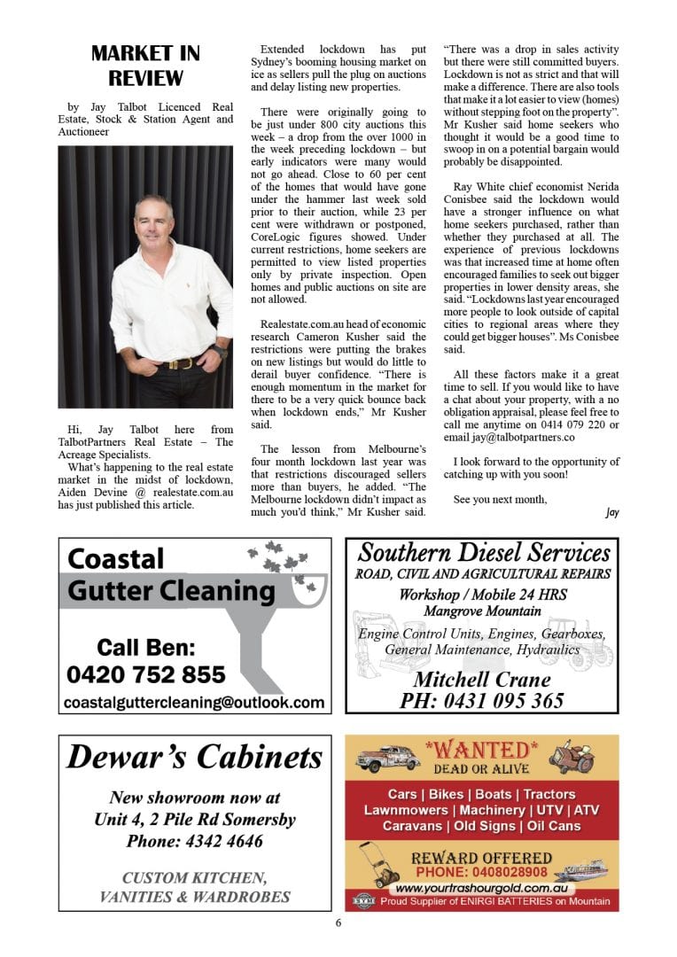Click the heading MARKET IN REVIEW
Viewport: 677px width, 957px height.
click(145, 66)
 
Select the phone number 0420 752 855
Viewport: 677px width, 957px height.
click(146, 675)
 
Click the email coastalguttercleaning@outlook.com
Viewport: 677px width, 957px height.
click(194, 703)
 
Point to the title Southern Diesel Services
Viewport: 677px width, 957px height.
click(484, 554)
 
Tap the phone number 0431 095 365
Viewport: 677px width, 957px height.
click(481, 700)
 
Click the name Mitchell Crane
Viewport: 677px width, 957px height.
click(481, 680)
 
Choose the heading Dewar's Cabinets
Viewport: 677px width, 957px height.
click(195, 758)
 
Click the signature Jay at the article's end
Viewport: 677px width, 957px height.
click(611, 512)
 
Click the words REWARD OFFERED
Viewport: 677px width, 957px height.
click(481, 858)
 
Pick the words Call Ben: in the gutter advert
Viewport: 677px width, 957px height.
click(146, 646)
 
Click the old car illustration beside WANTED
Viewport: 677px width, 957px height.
click(387, 759)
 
